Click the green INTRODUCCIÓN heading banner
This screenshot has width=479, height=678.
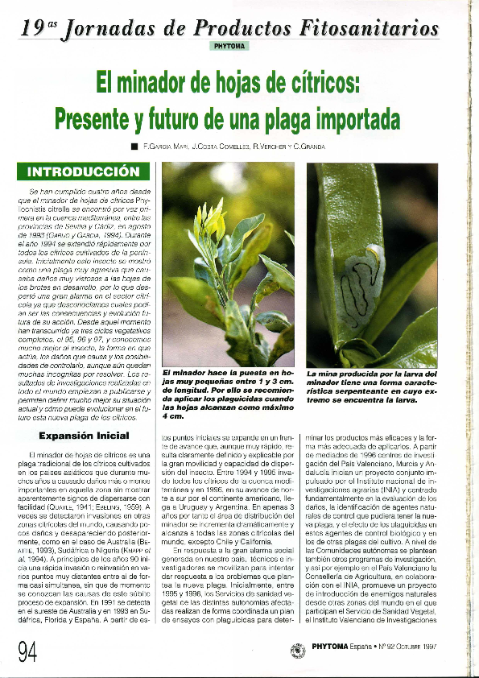click(84, 172)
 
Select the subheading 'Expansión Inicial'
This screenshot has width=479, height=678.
click(84, 436)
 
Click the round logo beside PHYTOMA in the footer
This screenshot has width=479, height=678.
click(298, 649)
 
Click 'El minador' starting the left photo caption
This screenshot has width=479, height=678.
click(182, 374)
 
